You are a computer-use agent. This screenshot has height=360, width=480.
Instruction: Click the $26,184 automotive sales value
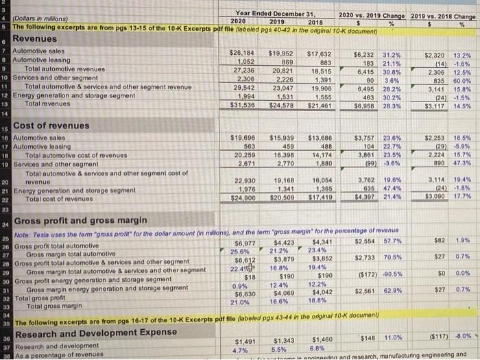click(x=240, y=52)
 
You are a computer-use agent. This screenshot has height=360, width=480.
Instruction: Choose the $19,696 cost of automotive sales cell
click(x=240, y=137)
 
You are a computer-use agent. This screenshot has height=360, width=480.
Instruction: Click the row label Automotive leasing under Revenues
click(x=38, y=60)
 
